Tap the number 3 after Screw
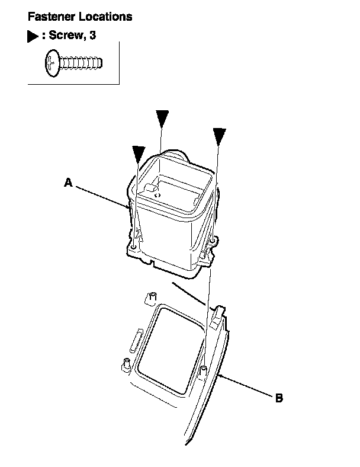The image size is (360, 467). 92,36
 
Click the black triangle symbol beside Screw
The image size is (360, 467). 33,36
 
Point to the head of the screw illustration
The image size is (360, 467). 51,62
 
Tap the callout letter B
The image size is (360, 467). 279,398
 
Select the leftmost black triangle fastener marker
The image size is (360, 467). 140,154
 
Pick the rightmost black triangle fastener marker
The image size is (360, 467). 220,136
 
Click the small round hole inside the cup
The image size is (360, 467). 157,194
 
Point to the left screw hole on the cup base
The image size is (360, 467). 134,246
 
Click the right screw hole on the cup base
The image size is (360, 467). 207,254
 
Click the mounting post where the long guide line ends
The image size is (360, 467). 204,371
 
